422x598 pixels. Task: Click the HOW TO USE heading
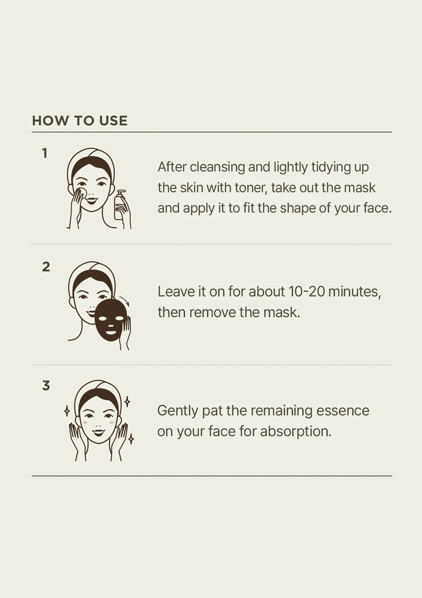click(x=80, y=120)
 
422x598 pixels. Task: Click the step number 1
click(x=45, y=154)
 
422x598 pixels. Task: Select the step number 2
click(x=46, y=267)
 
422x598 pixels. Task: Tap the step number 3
click(x=46, y=386)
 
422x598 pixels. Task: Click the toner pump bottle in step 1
click(x=120, y=206)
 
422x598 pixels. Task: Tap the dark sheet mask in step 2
click(x=111, y=320)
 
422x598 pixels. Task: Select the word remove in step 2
click(x=213, y=312)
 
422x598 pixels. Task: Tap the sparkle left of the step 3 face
click(x=67, y=411)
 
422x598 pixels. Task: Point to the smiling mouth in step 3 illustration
click(x=99, y=432)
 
